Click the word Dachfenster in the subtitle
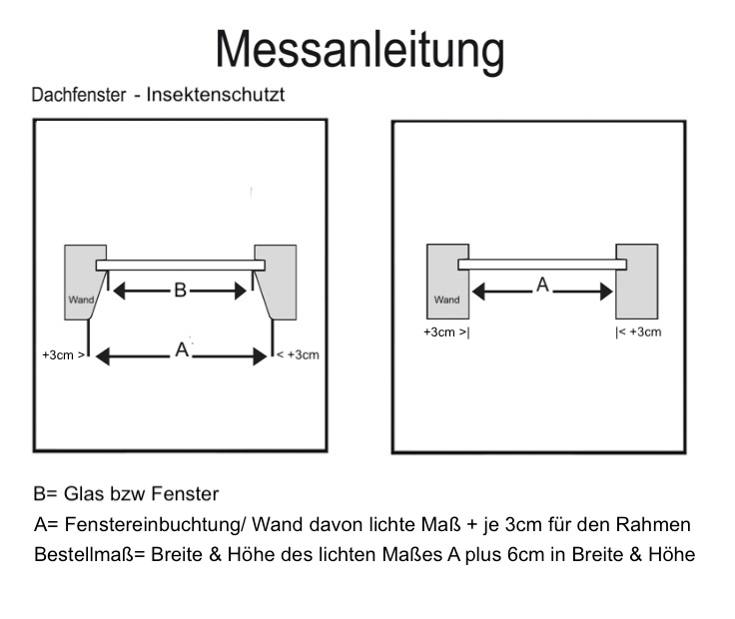pos(78,96)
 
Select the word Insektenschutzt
pos(216,96)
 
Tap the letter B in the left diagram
pos(180,291)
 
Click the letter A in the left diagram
pos(181,351)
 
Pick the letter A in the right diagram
pos(542,286)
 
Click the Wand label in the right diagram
pos(446,300)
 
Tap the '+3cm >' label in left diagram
pos(64,354)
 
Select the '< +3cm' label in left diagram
pos(298,354)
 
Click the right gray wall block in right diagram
pos(636,280)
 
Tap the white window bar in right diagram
pos(542,265)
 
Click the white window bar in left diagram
pos(181,265)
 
